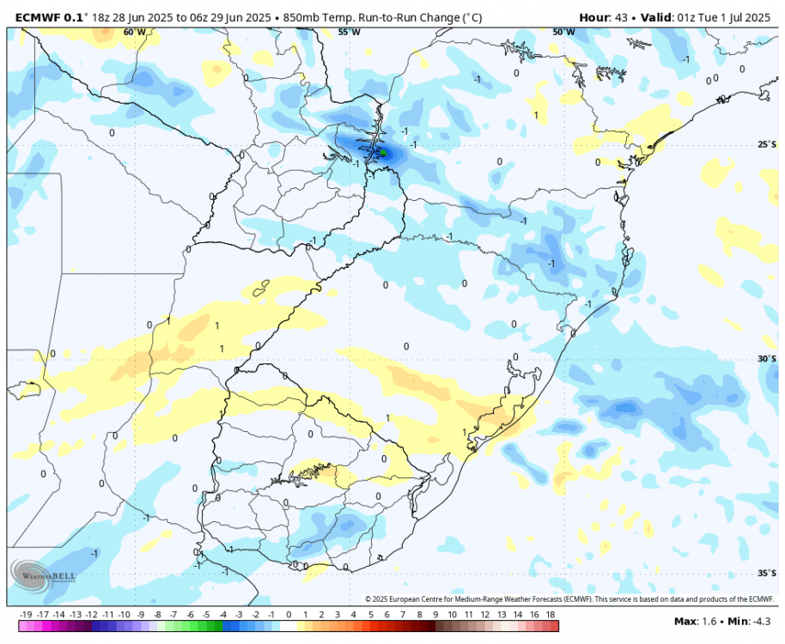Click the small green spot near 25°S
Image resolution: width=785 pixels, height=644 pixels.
point(384,154)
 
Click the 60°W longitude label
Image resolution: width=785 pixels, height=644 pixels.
point(133,32)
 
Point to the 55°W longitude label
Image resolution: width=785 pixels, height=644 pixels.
point(348,32)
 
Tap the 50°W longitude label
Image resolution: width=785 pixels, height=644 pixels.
point(563,32)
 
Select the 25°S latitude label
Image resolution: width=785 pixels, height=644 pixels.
point(765,144)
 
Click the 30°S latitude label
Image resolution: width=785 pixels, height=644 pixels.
point(765,359)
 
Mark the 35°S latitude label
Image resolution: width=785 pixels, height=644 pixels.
point(765,573)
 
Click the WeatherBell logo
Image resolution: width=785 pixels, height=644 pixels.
point(44,574)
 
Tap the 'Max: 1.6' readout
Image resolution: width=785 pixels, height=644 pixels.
point(694,621)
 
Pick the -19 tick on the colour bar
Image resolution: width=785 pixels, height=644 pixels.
point(26,615)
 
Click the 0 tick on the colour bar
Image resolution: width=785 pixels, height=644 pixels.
point(289,615)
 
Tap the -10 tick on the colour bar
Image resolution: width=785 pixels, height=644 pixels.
point(125,615)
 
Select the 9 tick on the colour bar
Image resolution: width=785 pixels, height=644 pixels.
point(435,615)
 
